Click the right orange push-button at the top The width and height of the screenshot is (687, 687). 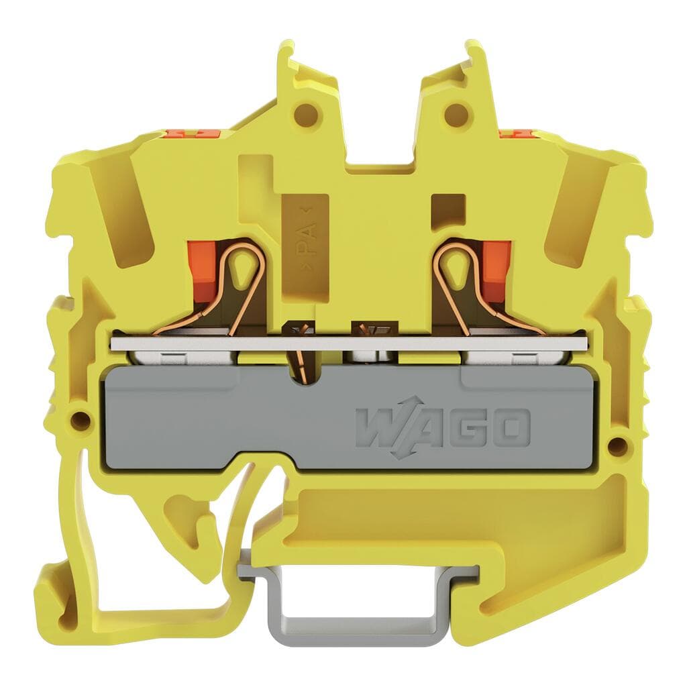[x=513, y=132]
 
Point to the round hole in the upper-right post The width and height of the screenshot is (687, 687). [x=456, y=110]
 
